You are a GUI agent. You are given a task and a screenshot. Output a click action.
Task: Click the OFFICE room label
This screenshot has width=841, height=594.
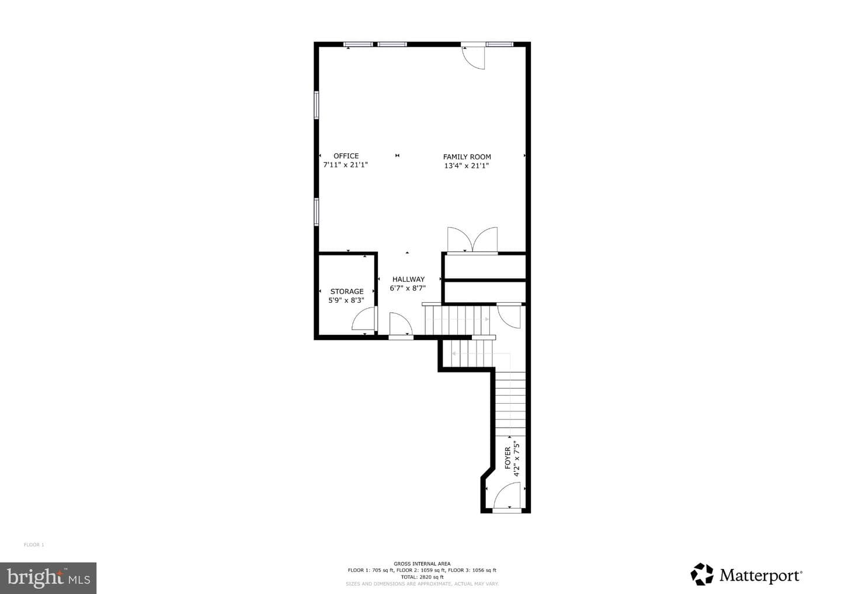[346, 156]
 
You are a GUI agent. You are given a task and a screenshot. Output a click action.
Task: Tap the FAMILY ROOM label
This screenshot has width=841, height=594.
[467, 157]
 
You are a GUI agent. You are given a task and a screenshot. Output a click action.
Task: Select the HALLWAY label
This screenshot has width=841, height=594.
[408, 279]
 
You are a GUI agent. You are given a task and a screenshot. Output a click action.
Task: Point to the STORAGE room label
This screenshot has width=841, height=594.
[346, 291]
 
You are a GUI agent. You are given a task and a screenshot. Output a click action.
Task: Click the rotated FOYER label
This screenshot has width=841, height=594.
[508, 458]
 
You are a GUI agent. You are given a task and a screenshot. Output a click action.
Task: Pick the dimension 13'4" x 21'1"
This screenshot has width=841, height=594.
[467, 166]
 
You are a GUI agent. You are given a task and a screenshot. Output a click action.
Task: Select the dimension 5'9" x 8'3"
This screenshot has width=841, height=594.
[346, 301]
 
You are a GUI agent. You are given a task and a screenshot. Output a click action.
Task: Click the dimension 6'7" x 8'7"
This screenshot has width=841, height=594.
[408, 288]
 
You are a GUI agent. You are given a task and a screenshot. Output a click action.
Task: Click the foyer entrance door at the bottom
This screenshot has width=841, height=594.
[506, 496]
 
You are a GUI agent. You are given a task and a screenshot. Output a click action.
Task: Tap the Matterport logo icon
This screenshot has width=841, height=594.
[702, 574]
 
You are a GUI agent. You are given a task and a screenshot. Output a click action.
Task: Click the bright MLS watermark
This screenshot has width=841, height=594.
[48, 578]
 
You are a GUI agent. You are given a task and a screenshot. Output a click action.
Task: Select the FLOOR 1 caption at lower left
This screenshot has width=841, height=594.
[34, 544]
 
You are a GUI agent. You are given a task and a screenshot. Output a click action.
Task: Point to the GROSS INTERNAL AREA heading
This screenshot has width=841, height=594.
[422, 564]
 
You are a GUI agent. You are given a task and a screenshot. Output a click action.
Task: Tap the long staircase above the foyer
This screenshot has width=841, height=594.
[510, 404]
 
